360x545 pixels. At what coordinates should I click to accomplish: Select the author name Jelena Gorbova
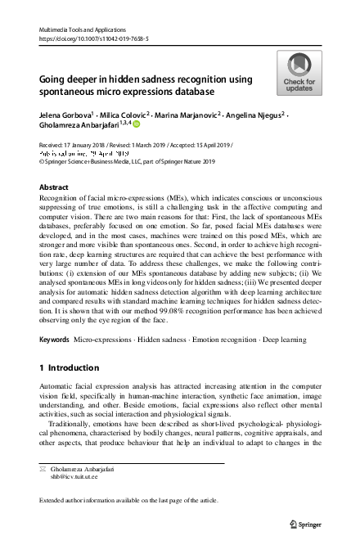67,116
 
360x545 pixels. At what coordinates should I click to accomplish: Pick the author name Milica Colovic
125,116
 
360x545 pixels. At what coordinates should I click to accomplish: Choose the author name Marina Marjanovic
189,116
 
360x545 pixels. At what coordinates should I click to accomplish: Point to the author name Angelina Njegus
257,116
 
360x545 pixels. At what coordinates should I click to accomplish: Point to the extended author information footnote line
120,500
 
